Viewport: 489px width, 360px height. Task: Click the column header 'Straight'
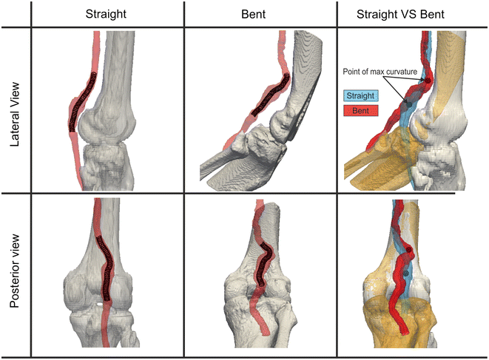point(106,14)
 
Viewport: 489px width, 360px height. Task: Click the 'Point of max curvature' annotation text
point(380,72)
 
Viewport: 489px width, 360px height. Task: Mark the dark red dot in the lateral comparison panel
point(428,80)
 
